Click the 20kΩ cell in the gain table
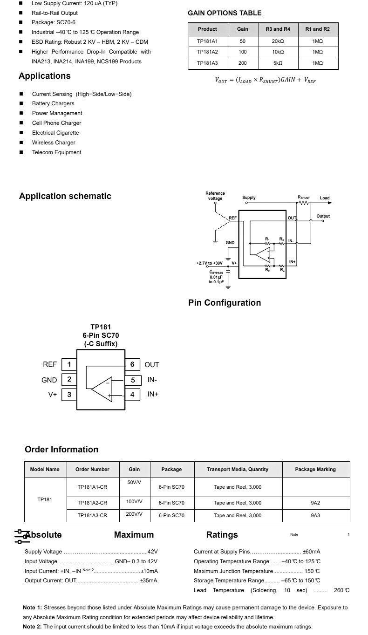[x=278, y=41]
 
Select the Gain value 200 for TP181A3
[x=242, y=63]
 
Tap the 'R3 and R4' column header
[x=278, y=29]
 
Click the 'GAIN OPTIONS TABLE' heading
[x=225, y=13]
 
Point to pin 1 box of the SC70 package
[x=69, y=364]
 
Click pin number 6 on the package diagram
[x=132, y=364]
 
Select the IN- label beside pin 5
[x=152, y=380]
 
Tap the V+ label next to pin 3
[x=53, y=394]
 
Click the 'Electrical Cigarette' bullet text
[x=55, y=133]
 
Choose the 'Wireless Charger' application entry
[x=54, y=143]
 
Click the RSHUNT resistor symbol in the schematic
[x=304, y=203]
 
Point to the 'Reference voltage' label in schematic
[x=215, y=196]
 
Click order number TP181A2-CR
[x=92, y=503]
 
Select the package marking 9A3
[x=315, y=515]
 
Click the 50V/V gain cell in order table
[x=134, y=482]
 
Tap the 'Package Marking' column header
[x=315, y=469]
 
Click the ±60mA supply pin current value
[x=311, y=552]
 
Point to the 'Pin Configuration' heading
[x=225, y=303]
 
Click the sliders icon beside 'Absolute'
[x=22, y=536]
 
